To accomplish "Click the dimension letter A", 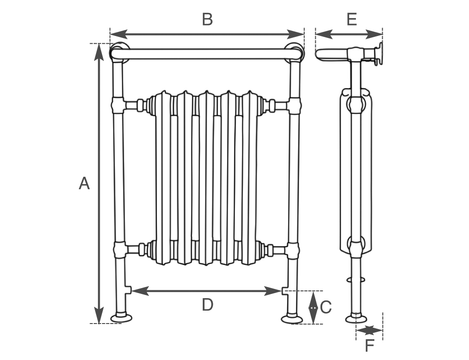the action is pyautogui.click(x=84, y=183).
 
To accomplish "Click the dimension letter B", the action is pyautogui.click(x=207, y=19).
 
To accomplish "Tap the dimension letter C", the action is pyautogui.click(x=326, y=307).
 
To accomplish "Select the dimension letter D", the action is pyautogui.click(x=208, y=305).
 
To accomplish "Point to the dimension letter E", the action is pyautogui.click(x=352, y=19).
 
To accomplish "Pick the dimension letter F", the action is pyautogui.click(x=370, y=346).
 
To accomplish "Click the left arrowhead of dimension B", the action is pyautogui.click(x=119, y=34).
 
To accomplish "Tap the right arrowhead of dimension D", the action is pyautogui.click(x=273, y=291).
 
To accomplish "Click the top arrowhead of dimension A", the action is pyautogui.click(x=99, y=52).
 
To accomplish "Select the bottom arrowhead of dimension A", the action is pyautogui.click(x=99, y=315).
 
